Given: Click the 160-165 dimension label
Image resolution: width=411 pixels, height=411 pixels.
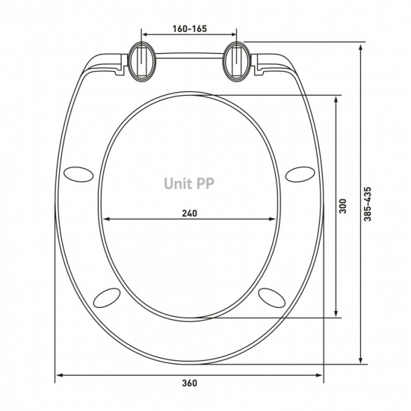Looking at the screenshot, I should [x=189, y=28].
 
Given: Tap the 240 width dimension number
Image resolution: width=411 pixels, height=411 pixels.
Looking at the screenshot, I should [x=189, y=213].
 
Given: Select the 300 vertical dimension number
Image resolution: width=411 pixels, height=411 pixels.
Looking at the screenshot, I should [x=343, y=206].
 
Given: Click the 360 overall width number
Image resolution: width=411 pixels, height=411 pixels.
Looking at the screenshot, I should [x=189, y=383].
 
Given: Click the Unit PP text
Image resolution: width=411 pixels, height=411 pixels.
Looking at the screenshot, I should [x=189, y=182].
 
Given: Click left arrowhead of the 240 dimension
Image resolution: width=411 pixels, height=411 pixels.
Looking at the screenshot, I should [x=105, y=219].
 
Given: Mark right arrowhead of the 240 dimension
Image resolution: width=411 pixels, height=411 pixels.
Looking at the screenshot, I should [x=274, y=219].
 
